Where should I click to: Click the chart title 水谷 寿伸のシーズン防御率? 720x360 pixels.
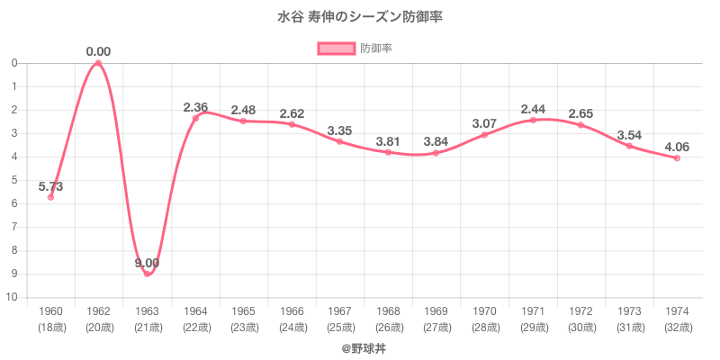[360, 17]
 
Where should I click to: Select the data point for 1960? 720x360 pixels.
[50, 196]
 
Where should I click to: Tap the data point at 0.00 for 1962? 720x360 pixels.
[98, 63]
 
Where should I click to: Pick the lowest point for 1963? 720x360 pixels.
[147, 274]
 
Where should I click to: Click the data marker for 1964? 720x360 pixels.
[195, 118]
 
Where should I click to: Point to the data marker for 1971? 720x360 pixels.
[533, 120]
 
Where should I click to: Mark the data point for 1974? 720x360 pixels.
[677, 157]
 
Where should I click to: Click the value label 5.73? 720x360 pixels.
[50, 186]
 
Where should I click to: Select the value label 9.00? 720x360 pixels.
[147, 263]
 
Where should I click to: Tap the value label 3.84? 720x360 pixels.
[436, 142]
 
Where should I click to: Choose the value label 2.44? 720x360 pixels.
[533, 110]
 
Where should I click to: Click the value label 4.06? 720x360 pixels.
[677, 148]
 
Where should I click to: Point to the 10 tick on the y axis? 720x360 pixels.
[14, 297]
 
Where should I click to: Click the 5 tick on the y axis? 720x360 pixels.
[14, 180]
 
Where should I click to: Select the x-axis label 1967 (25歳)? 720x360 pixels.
[340, 319]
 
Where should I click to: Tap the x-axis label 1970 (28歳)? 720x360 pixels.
[484, 319]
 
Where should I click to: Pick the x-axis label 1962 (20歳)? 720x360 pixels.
[98, 319]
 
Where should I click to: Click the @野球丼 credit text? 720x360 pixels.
[360, 346]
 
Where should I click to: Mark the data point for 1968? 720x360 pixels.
[388, 152]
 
